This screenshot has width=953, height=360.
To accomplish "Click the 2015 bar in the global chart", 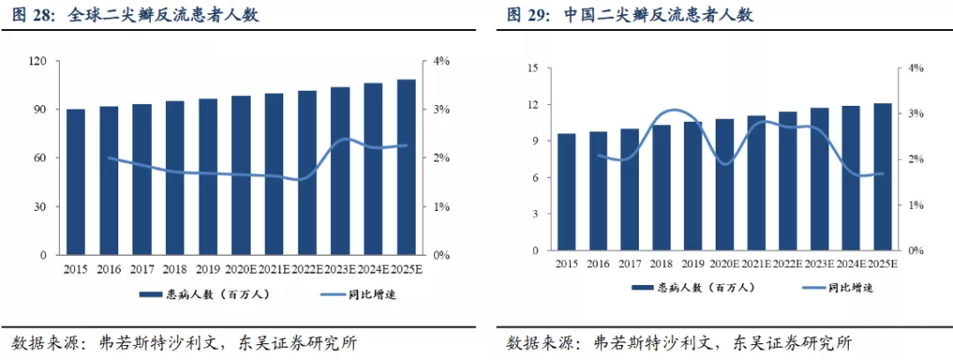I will pos(76,182).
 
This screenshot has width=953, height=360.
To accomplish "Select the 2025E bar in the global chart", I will pos(406,167).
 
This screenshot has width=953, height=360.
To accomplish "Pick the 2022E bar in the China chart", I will pos(788,181).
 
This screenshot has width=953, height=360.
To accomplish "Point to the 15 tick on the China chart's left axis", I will pos(533,68).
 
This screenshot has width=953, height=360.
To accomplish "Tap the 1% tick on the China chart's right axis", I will pos(916,205).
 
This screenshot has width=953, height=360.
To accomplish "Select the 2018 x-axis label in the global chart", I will pos(175,269).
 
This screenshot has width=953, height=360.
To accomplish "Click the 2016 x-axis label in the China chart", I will pos(598,264).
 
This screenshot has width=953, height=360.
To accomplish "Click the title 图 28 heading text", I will pos(134,15).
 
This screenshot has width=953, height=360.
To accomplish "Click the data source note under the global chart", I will pos(184,342).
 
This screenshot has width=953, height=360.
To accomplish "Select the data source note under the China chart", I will pos(678,342).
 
